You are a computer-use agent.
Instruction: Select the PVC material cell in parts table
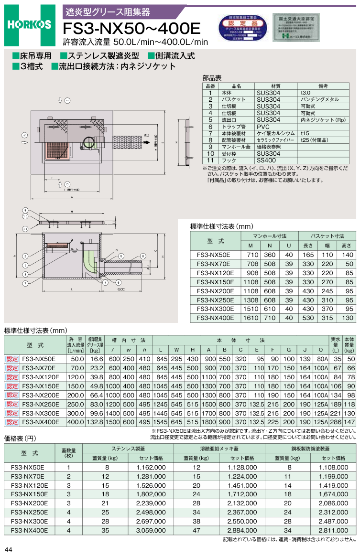[263, 127]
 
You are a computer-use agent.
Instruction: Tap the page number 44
[9, 549]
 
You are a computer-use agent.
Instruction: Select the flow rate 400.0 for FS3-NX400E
[76, 422]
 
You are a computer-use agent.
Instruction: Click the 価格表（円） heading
[20, 438]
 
